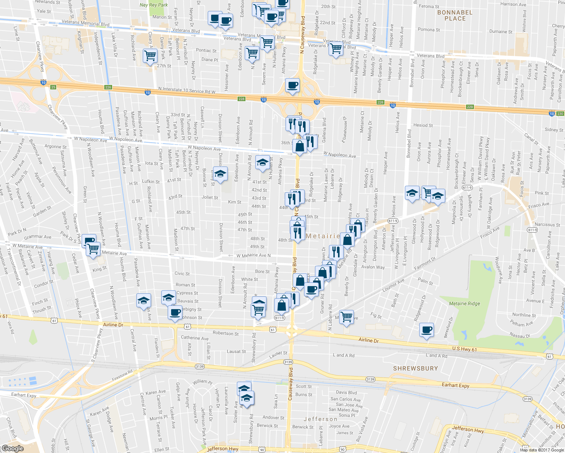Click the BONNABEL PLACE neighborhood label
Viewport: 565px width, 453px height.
(455, 15)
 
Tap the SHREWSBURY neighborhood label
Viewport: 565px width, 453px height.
(415, 368)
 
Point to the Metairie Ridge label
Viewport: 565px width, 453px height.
(464, 304)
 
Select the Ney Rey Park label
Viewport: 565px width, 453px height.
(154, 5)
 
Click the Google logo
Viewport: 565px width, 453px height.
(12, 448)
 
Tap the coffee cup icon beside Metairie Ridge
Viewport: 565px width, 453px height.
(426, 330)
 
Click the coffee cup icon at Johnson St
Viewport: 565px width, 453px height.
(175, 313)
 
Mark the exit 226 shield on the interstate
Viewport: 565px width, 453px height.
(108, 88)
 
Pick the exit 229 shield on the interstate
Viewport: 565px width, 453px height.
(470, 107)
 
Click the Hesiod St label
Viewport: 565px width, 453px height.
(423, 125)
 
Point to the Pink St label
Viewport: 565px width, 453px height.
(542, 193)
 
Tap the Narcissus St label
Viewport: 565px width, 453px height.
(547, 225)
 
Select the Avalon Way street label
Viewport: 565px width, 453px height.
(373, 267)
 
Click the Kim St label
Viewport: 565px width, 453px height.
(235, 202)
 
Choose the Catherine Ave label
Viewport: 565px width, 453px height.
(195, 338)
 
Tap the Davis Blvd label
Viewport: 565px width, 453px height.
(346, 393)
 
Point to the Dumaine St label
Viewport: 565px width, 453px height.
(501, 32)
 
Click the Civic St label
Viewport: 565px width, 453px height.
(182, 274)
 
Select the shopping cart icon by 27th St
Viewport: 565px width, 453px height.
(150, 56)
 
